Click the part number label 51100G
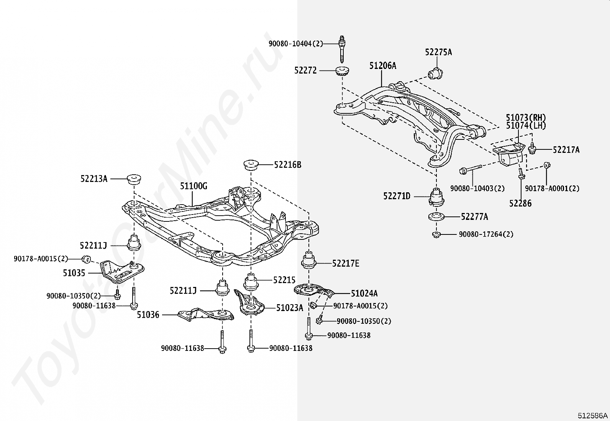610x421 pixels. point(193,186)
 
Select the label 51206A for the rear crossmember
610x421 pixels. point(382,66)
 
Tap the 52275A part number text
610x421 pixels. point(438,52)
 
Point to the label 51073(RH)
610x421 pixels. point(526,118)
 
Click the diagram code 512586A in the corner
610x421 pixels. point(593,415)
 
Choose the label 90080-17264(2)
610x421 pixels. point(486,234)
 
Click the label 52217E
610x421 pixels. point(346,263)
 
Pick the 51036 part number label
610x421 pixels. point(148,315)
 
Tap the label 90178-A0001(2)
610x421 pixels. point(552,188)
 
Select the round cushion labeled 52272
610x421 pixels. point(342,71)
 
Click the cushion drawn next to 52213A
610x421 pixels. point(134,179)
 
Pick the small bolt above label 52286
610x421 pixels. point(521,174)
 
